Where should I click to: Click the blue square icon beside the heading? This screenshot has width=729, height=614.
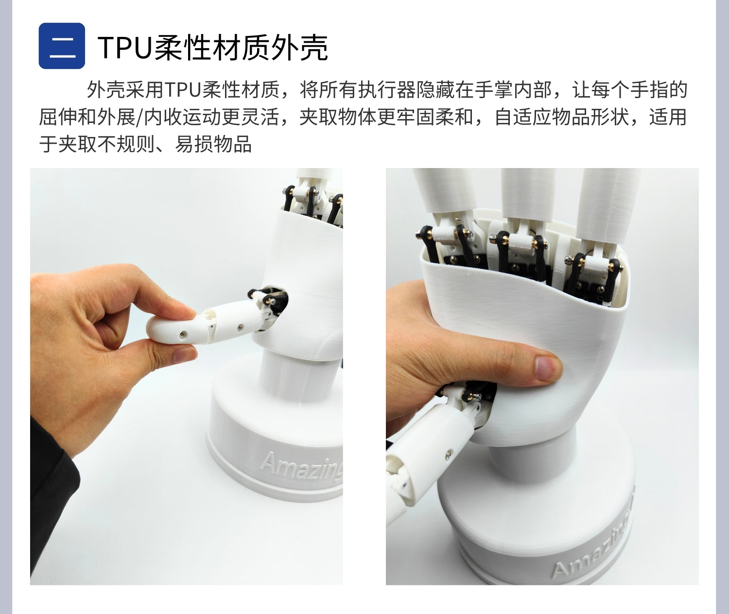point(62,46)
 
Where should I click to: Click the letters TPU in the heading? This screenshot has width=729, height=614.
point(124,48)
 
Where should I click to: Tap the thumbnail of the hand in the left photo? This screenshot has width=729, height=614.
point(185,355)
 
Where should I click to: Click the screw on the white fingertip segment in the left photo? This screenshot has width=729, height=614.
point(182,335)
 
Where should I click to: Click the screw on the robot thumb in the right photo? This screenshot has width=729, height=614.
point(448,454)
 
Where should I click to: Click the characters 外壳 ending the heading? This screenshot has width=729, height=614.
point(299,48)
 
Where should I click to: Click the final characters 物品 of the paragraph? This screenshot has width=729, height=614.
point(232,144)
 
